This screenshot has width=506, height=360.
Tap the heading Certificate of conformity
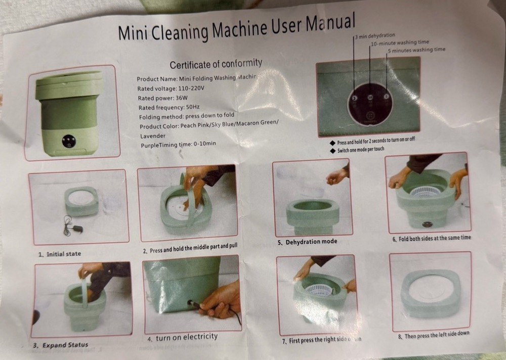tap(216, 64)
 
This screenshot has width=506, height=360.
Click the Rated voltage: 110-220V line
tap(170, 88)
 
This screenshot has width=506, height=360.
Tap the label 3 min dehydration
tap(375, 36)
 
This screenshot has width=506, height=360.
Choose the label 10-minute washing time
tap(399, 43)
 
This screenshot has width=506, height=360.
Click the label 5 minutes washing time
tap(416, 50)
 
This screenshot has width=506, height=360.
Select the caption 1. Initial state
tap(59, 253)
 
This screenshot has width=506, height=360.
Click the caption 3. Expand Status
tap(57, 345)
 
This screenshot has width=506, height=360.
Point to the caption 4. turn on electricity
tap(182, 337)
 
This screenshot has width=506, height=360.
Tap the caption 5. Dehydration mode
tap(307, 242)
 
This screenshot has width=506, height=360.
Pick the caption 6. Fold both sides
tap(431, 238)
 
